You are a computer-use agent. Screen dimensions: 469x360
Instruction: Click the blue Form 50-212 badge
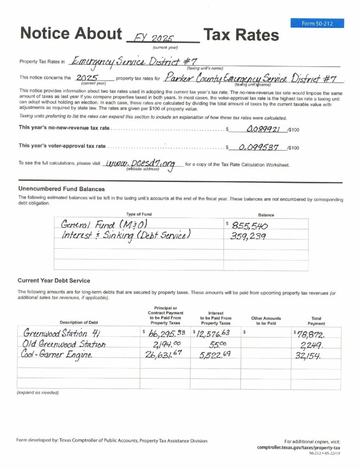tap(317, 23)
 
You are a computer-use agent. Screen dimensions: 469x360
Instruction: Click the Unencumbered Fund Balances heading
tap(62, 189)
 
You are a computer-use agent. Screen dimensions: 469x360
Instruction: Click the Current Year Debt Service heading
tap(54, 280)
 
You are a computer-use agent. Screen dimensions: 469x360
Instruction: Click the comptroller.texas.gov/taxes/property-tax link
tap(299, 447)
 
